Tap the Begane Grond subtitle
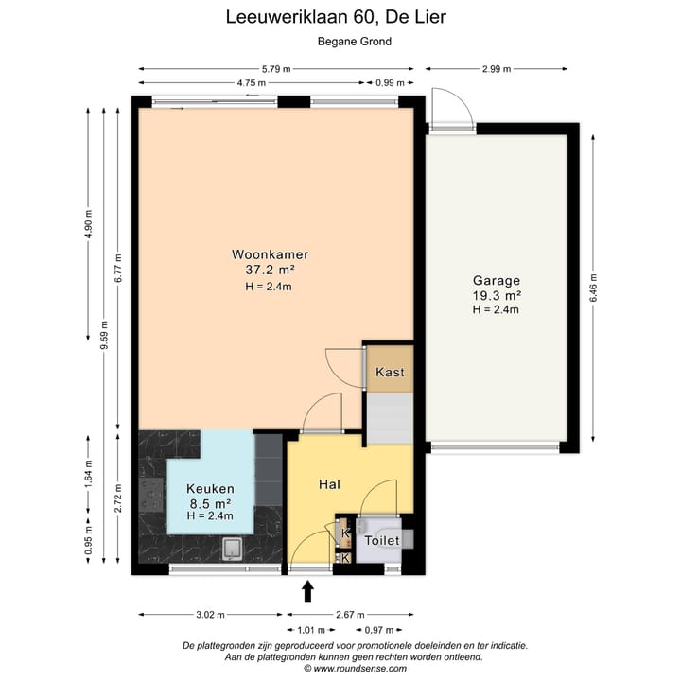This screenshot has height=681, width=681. pos(353,42)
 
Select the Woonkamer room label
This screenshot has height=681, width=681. pos(271,254)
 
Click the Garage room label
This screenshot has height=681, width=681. pos(497,280)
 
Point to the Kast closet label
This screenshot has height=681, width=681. pos(390,372)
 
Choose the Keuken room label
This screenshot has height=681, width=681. pos(210,488)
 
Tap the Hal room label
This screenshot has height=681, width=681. pos(329,484)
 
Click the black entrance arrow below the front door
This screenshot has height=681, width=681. pos(307,592)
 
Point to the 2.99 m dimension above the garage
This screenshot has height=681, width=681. pos(497,69)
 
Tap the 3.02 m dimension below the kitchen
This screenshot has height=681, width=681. pos(210,615)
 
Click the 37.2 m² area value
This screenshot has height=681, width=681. pos(271,270)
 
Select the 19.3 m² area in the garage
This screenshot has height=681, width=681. pos(497,295)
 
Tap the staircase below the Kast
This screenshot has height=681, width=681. pos(389,417)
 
